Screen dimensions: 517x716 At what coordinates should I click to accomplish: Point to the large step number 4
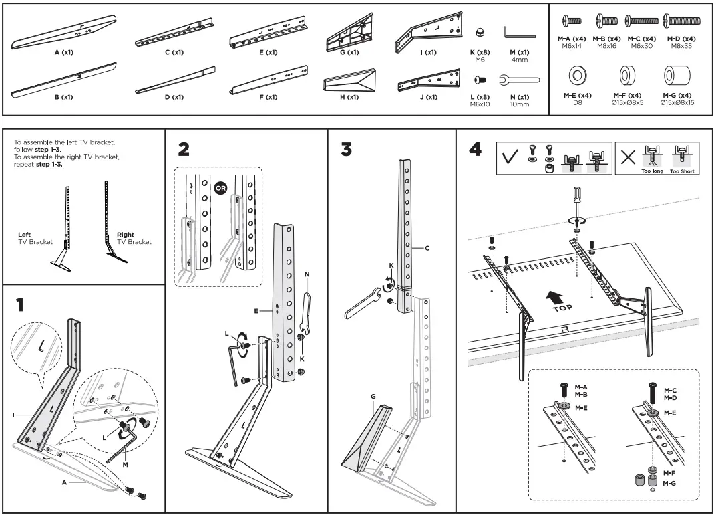pos(476,149)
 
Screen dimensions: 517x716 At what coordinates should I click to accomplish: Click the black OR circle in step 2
pos(221,188)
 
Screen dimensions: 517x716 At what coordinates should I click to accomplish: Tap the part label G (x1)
pos(347,52)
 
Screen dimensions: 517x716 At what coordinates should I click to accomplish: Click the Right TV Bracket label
pos(134,238)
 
